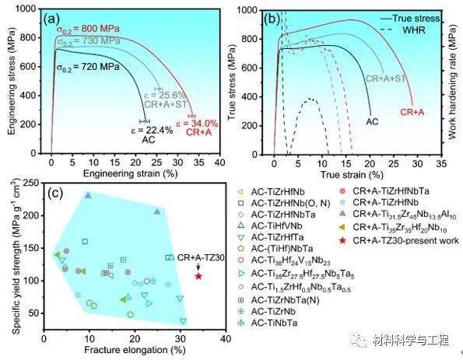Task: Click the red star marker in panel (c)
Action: [198, 276]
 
